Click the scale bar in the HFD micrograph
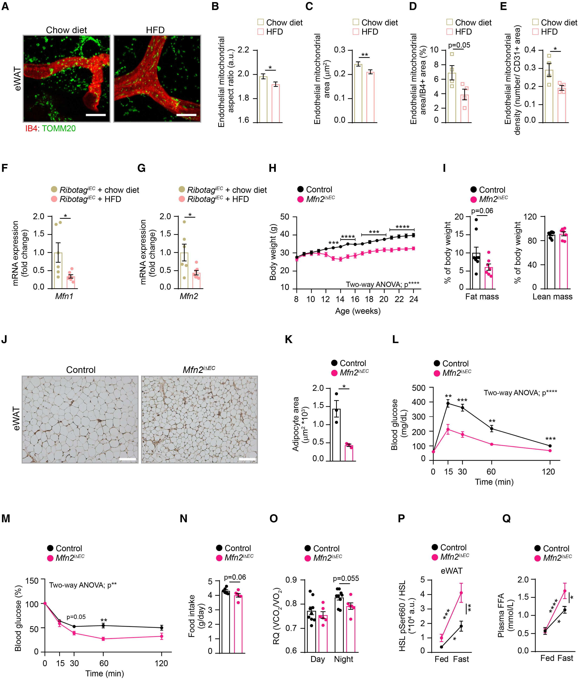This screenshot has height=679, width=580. point(186,115)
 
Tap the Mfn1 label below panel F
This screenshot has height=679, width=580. point(64,296)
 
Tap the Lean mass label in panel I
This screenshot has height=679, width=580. point(552,297)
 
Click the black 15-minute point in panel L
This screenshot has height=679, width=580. point(448,403)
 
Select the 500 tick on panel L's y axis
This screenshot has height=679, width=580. point(419,388)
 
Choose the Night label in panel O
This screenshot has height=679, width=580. point(343,659)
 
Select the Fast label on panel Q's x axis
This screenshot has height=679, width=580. point(565,658)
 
